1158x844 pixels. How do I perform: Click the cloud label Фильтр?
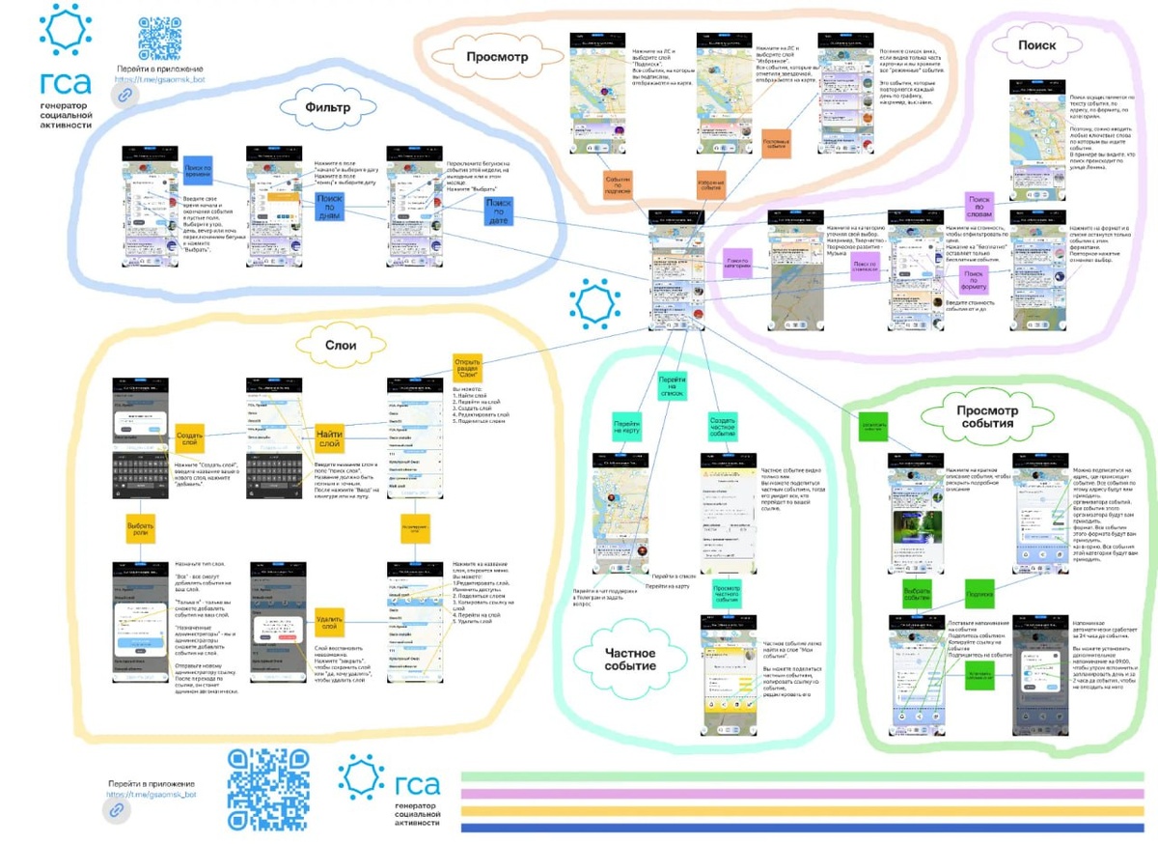pos(327,106)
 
